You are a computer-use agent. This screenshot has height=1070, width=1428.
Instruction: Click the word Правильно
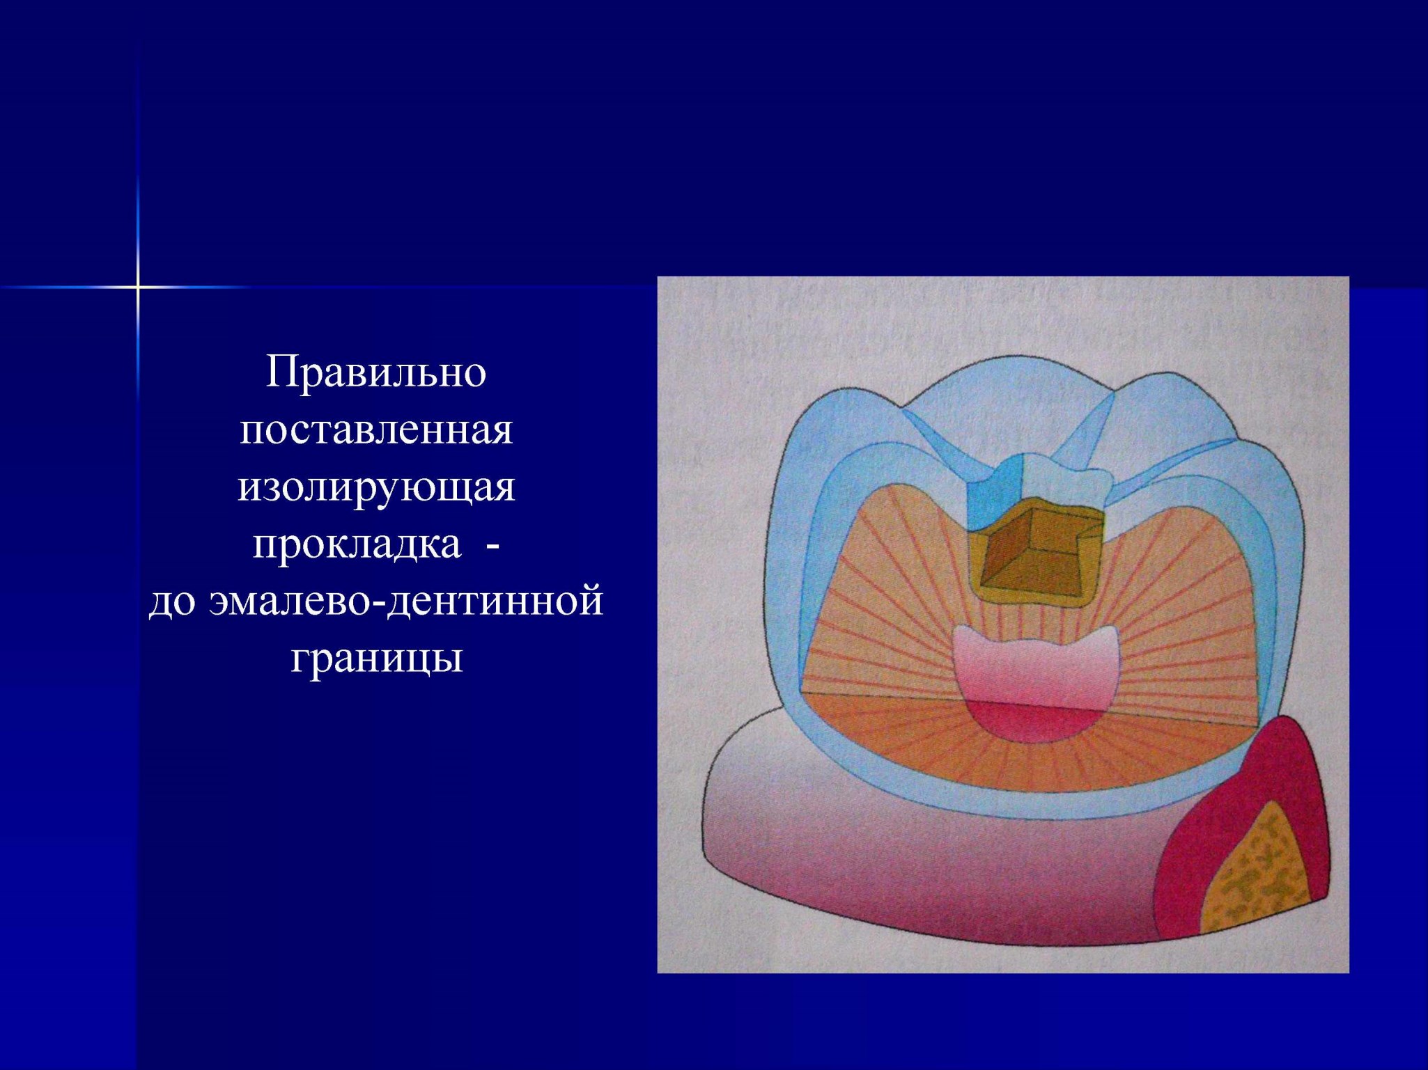coord(376,372)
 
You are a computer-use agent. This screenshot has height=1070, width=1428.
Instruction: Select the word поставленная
coord(376,430)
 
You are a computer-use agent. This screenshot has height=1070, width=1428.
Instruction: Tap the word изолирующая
coord(376,487)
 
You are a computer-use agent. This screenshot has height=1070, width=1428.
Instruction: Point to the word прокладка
coord(357,544)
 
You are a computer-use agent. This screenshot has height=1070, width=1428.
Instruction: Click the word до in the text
coord(170,601)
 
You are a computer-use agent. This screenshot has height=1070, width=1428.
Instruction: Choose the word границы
coord(376,659)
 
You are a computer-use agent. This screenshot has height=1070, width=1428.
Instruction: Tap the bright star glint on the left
coord(138,286)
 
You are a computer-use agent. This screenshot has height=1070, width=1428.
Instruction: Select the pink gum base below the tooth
coord(926,856)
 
